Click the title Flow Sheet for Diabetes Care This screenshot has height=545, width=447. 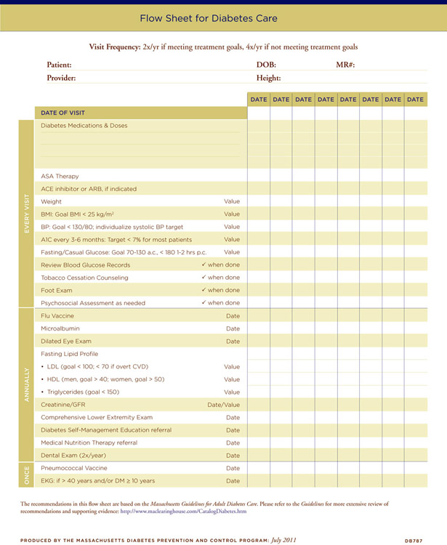[x=223, y=17]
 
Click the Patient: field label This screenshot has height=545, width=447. [x=59, y=65]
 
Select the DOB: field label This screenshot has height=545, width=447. [x=266, y=65]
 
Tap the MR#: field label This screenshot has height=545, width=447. [x=345, y=65]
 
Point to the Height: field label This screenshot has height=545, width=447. [x=268, y=78]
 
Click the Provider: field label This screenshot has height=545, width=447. [x=61, y=78]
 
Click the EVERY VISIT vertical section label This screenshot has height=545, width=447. [x=26, y=214]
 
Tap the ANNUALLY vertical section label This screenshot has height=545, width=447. [x=26, y=385]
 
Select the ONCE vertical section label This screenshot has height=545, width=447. [x=26, y=475]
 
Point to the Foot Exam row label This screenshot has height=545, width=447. [x=57, y=290]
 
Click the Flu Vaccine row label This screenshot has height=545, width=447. [x=57, y=316]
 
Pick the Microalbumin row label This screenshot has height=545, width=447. [x=60, y=328]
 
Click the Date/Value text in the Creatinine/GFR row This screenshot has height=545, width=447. [x=223, y=405]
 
